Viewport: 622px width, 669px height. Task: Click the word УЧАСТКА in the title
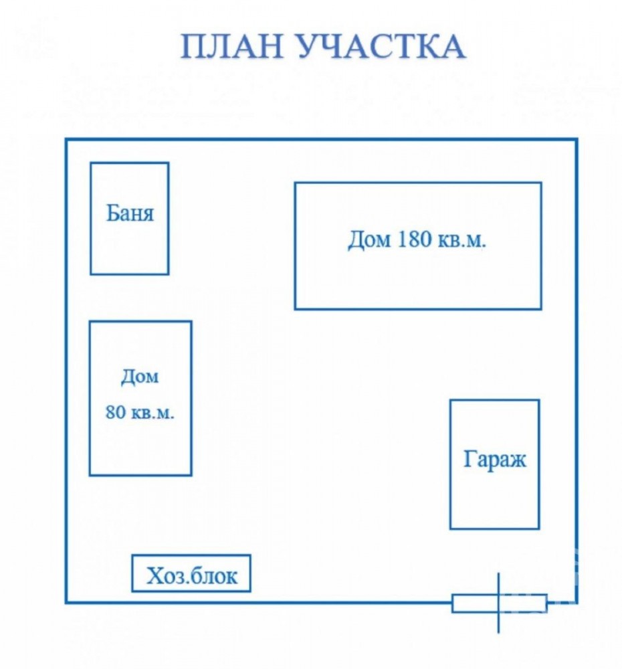[x=381, y=46]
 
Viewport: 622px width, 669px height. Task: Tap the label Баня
[x=129, y=213]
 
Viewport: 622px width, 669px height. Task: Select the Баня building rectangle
[x=90, y=218]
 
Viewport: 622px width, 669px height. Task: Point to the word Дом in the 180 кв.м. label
[x=369, y=240]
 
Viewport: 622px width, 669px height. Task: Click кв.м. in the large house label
[x=462, y=241]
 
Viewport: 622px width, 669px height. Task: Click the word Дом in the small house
[x=140, y=377]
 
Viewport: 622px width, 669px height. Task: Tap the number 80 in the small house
[x=115, y=413]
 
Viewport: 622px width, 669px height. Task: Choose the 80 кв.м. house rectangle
[x=90, y=398]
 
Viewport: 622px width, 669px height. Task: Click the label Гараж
[x=494, y=460]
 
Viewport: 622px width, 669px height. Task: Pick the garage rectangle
[x=451, y=464]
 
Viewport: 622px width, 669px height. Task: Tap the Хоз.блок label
[x=191, y=576]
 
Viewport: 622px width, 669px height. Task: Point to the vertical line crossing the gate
[x=499, y=603]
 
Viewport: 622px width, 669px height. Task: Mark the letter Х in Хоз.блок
[x=155, y=576]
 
